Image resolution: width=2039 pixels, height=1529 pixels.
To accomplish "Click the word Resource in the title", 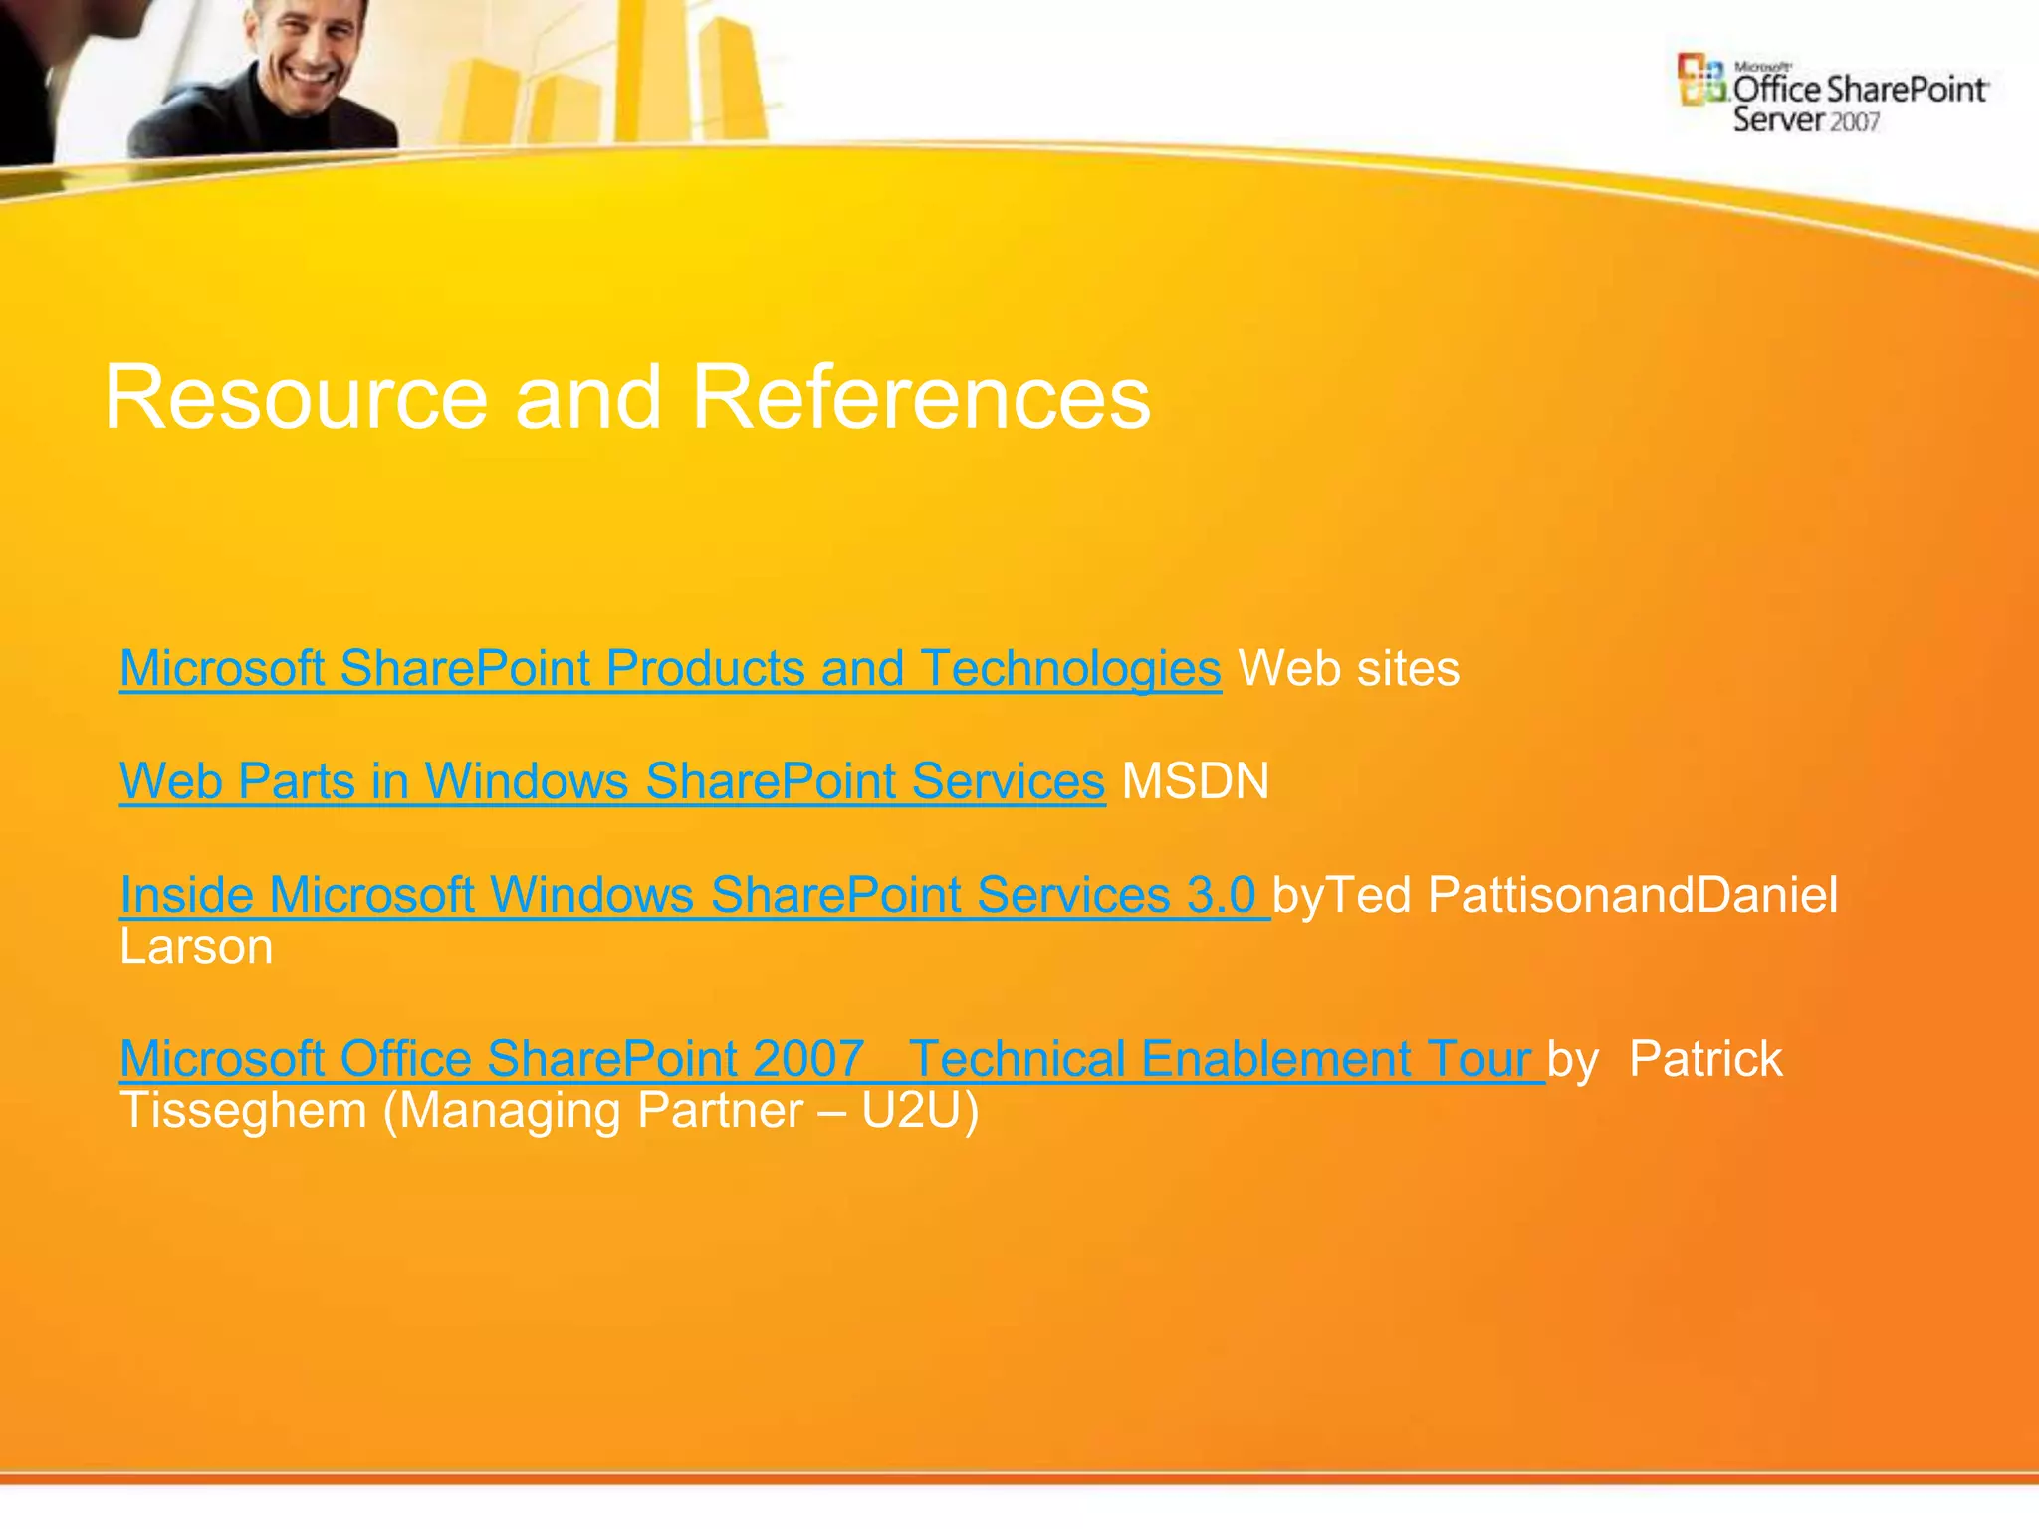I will point(296,397).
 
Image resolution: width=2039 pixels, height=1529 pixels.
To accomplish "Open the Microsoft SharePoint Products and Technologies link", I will point(669,668).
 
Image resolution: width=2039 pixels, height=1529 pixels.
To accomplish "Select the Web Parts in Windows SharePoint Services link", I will point(611,781).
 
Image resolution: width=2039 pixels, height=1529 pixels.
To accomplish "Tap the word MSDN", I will point(1195,781).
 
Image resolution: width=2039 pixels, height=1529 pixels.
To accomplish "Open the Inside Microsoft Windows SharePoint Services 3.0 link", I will point(693,895).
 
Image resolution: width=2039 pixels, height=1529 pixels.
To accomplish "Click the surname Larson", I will point(196,947).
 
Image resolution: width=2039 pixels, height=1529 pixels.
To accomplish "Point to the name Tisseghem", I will point(243,1111).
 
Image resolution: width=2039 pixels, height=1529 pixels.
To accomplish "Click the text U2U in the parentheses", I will point(910,1111).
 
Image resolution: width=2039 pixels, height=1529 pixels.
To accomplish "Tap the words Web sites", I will point(1348,668).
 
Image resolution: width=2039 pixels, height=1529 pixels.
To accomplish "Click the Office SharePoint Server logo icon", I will point(1700,80).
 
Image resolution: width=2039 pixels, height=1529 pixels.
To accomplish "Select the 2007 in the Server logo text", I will point(1854,122).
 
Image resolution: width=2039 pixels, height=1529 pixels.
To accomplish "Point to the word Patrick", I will point(1704,1059).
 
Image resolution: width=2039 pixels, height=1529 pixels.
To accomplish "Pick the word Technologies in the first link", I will point(1070,668).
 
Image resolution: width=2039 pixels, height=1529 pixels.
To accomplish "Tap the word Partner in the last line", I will point(719,1111).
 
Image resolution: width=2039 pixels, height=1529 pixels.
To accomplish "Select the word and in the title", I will point(587,397).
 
